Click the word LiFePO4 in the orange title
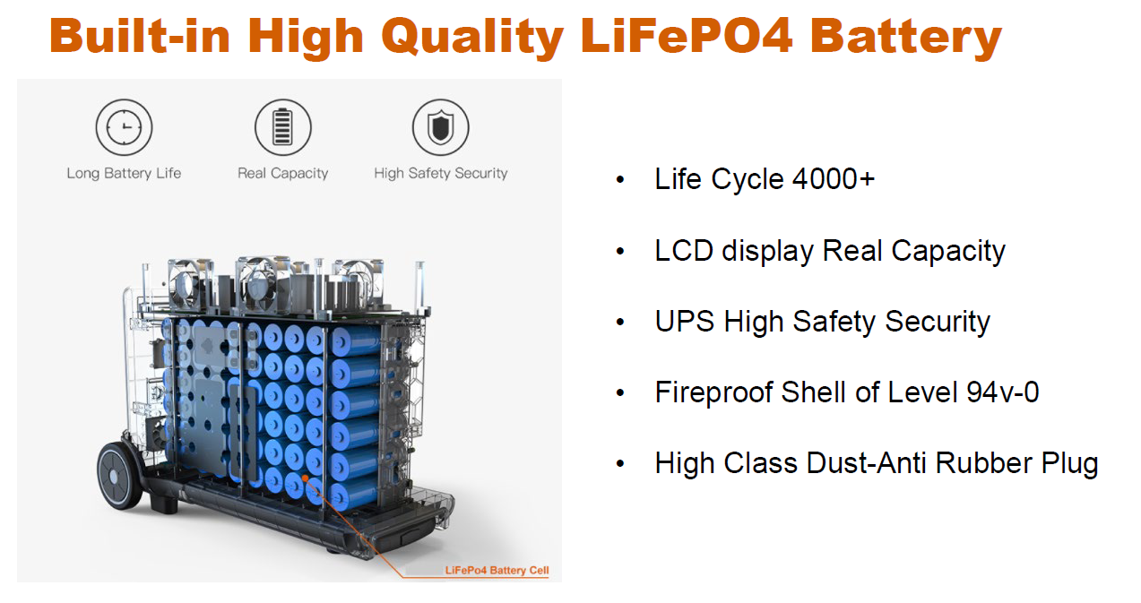pos(687,36)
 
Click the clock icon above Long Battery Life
pos(124,127)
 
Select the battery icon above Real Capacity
pos(282,127)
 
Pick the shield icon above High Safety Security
pos(441,127)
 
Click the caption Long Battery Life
pos(124,174)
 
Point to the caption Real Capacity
pos(282,174)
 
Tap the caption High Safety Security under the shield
pos(441,174)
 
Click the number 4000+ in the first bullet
pos(834,179)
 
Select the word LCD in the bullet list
pos(684,251)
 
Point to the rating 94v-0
pos(1002,392)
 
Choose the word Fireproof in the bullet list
pos(714,392)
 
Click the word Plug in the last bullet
pos(1069,464)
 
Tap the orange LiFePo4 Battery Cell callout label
pos(497,571)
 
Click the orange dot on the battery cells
pos(305,478)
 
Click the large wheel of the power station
pos(120,474)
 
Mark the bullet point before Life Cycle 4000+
pos(620,180)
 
